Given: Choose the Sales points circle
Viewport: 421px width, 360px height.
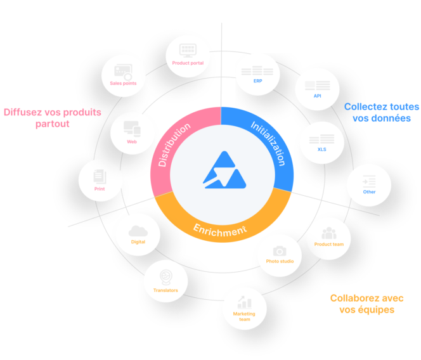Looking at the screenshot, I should point(123,75).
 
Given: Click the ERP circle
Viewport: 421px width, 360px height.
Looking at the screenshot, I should point(257,74).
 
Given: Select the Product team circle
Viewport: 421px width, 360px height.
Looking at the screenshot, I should point(328,237).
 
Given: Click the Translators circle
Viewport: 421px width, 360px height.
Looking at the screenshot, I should point(165,282).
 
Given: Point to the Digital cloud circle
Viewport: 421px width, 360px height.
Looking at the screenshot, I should point(138,235).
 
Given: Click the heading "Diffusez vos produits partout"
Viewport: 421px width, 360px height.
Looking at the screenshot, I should point(52,118).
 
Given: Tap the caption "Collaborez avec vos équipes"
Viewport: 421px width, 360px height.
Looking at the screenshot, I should point(366,304).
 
